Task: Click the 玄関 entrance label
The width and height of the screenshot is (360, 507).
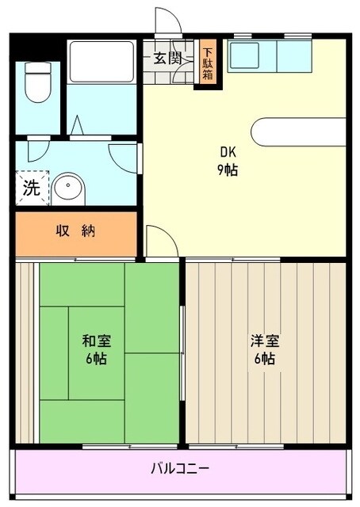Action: point(167,58)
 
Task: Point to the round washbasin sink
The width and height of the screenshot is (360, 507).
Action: point(67,189)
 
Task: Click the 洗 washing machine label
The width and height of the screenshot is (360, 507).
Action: point(30,188)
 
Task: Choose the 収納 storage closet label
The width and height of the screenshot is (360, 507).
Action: point(75,231)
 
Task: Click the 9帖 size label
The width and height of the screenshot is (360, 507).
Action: point(228,170)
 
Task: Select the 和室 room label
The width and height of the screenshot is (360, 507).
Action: point(96,341)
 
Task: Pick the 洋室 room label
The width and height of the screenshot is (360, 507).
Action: point(264,341)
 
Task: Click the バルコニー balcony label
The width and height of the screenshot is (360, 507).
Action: point(181,468)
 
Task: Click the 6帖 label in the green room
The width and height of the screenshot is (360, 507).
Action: point(96,358)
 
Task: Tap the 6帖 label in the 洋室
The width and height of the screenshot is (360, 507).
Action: point(264,358)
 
